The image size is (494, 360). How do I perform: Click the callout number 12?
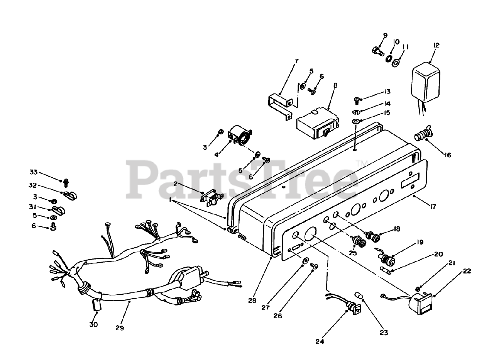436,45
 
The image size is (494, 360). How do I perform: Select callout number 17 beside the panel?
433,207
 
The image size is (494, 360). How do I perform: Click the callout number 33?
34,172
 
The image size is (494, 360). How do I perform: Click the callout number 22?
467,271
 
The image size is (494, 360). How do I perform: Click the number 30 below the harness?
93,324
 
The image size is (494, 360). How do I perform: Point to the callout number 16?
447,155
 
